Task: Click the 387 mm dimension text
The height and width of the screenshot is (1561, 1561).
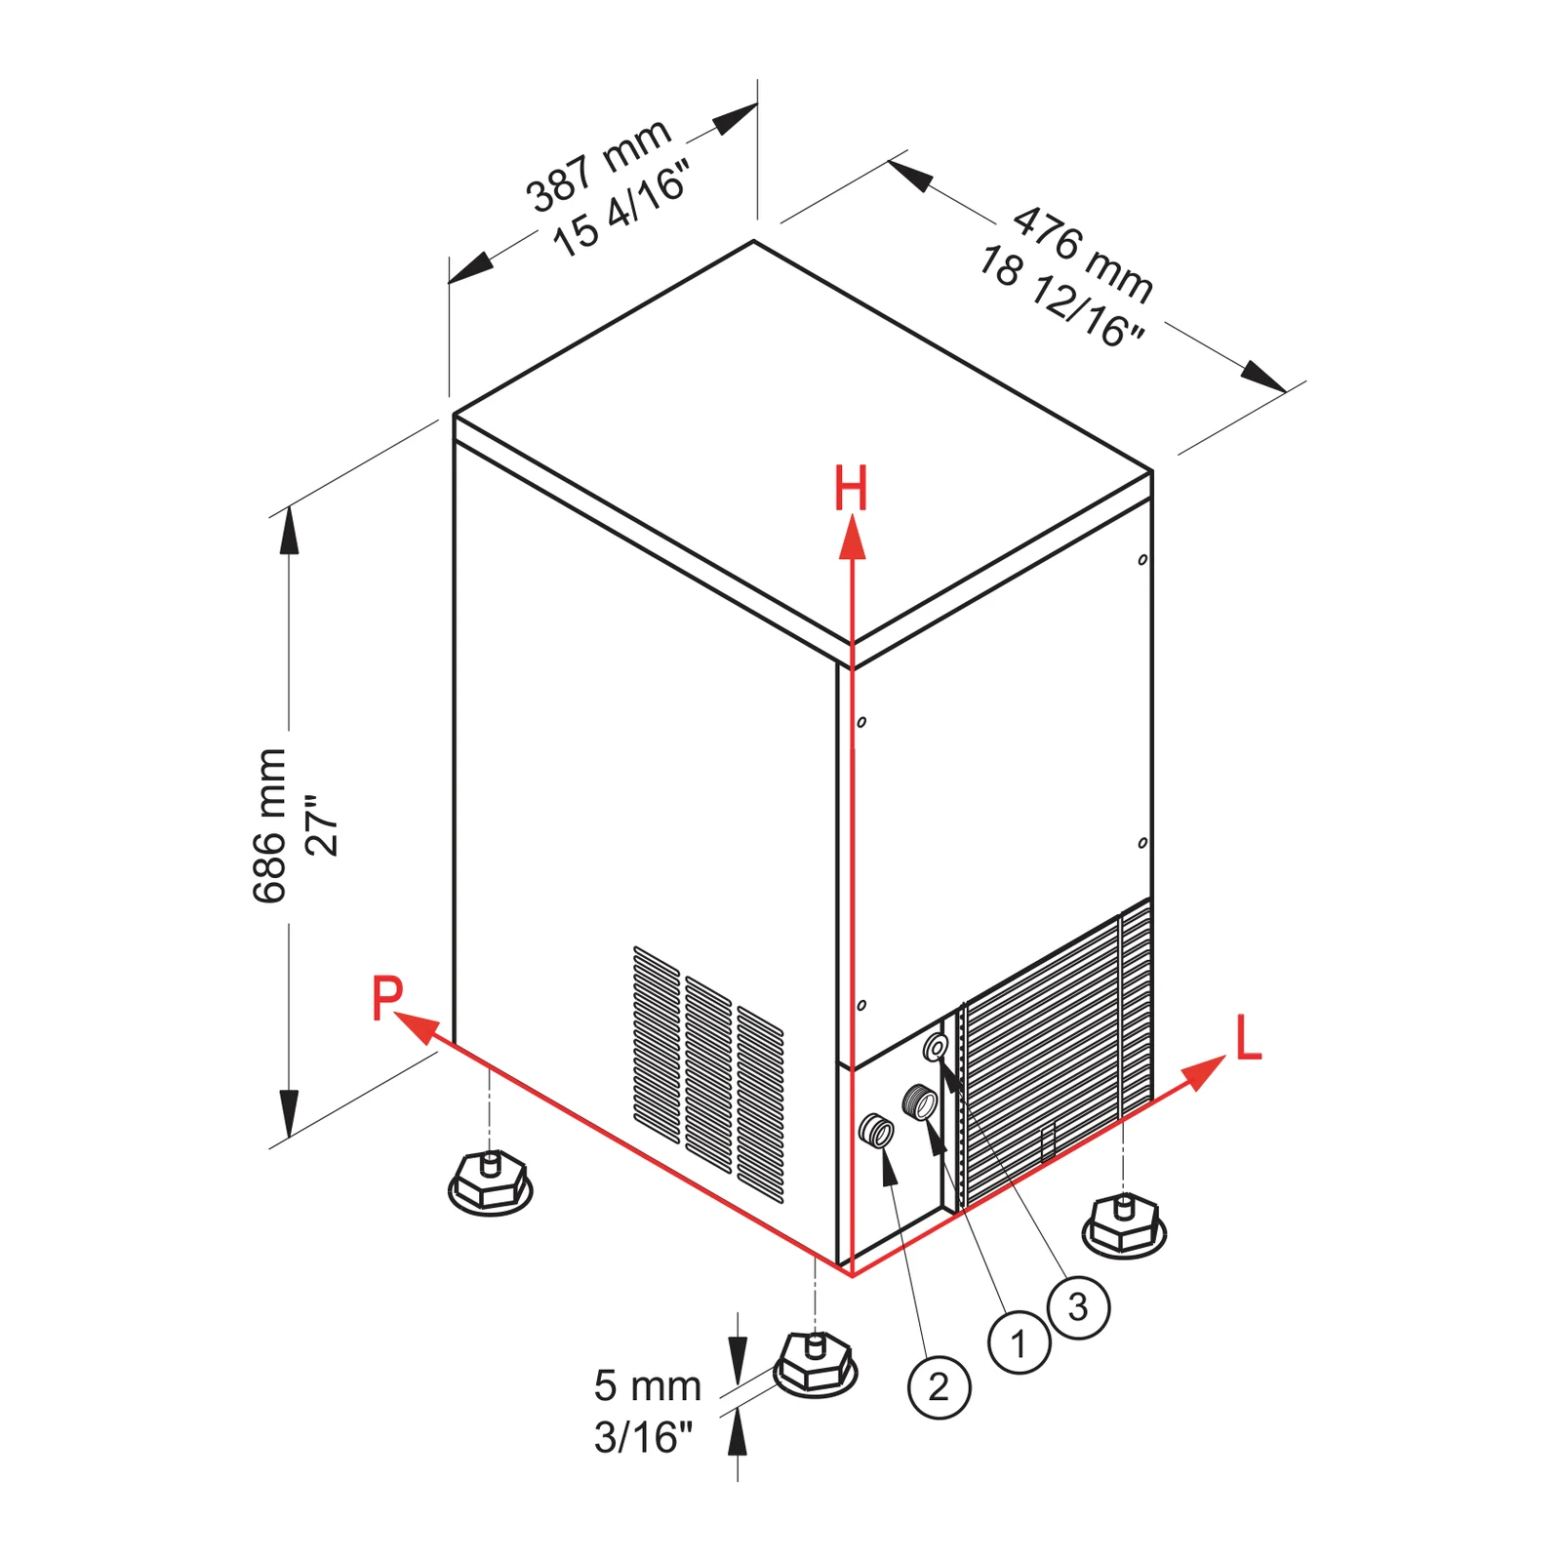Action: tap(598, 165)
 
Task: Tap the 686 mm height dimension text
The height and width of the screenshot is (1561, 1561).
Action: tap(269, 825)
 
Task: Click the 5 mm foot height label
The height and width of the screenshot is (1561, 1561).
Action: tap(648, 1385)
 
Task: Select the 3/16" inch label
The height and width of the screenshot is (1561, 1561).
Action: tap(643, 1437)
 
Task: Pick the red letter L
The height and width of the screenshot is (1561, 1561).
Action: tap(1249, 1038)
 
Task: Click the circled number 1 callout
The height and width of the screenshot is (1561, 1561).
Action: tap(1020, 1343)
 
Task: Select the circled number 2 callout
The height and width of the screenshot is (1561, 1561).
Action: tap(939, 1386)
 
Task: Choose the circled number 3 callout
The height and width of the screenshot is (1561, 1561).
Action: tap(1078, 1306)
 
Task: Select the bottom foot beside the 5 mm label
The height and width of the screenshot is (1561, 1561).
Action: tap(816, 1364)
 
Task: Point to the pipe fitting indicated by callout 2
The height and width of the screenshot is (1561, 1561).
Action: tap(876, 1130)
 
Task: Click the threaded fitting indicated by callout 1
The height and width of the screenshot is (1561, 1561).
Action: tap(919, 1102)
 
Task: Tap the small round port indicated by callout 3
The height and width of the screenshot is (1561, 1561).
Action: tap(936, 1048)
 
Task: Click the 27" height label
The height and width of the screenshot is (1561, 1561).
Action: tap(322, 825)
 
